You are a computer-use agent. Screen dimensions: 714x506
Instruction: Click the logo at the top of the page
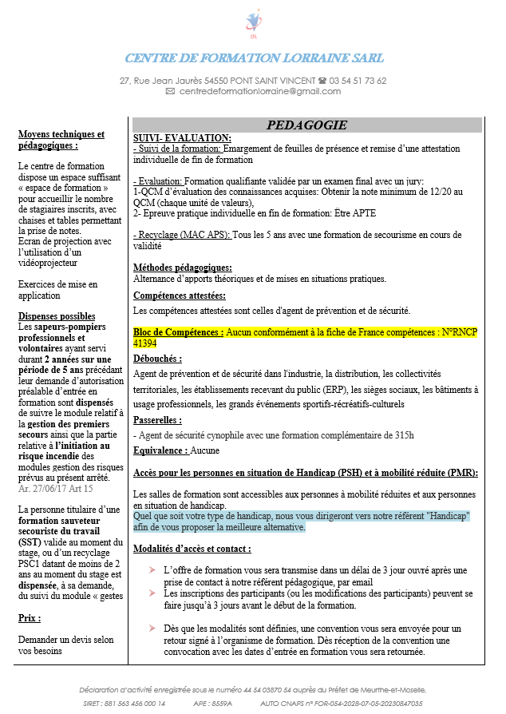(254, 23)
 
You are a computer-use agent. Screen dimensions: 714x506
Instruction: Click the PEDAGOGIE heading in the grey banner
(306, 125)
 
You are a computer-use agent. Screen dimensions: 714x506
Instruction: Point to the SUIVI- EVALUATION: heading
(182, 138)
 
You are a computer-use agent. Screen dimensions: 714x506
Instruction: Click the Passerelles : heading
(158, 419)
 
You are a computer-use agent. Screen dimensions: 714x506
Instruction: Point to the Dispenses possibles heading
(57, 316)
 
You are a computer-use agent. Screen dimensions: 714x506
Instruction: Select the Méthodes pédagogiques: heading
(183, 268)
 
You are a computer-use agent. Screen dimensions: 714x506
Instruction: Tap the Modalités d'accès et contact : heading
(192, 549)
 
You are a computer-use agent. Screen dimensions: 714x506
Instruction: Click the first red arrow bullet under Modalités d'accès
(152, 570)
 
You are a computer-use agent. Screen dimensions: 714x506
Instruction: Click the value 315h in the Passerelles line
(401, 434)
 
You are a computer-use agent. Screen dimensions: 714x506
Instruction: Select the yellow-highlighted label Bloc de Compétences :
(178, 331)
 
